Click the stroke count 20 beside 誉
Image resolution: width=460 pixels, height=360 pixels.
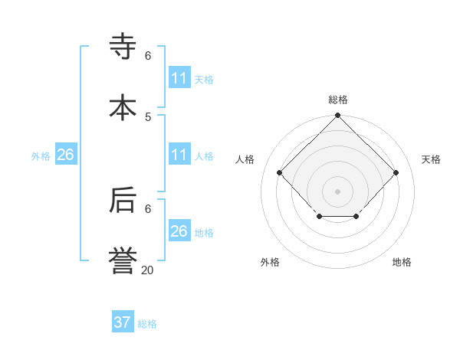click(x=147, y=270)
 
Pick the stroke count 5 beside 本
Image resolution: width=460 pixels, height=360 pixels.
click(x=148, y=116)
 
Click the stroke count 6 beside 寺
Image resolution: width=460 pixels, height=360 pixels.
click(x=148, y=55)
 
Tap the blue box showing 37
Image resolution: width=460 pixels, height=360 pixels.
click(x=123, y=322)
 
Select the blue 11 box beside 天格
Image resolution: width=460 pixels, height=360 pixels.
click(x=179, y=78)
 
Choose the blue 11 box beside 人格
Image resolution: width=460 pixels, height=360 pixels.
click(x=179, y=155)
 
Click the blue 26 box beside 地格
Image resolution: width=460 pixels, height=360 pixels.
click(x=179, y=231)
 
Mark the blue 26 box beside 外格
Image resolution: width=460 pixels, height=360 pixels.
click(x=66, y=155)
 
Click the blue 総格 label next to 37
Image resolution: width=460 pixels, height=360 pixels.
click(x=147, y=324)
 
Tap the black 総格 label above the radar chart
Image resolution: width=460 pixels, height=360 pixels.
click(x=338, y=100)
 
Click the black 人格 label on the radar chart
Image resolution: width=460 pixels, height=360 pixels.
click(x=245, y=159)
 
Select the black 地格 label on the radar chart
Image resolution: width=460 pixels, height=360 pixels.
click(x=402, y=262)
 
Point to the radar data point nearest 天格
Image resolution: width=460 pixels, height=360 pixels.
click(x=396, y=172)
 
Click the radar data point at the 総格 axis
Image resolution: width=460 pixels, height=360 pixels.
click(x=338, y=116)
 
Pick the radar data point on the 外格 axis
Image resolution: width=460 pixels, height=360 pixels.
click(x=319, y=218)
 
